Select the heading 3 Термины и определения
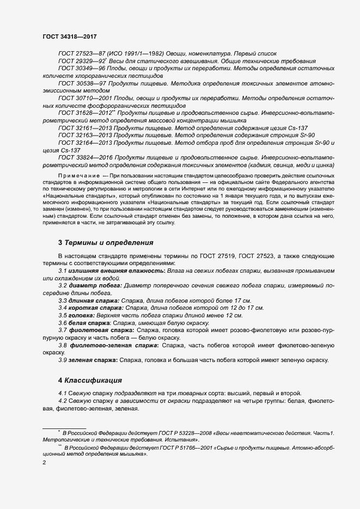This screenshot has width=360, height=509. point(106,242)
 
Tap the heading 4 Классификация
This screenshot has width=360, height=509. point(90,379)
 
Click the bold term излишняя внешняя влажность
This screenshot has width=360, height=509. point(115,271)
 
